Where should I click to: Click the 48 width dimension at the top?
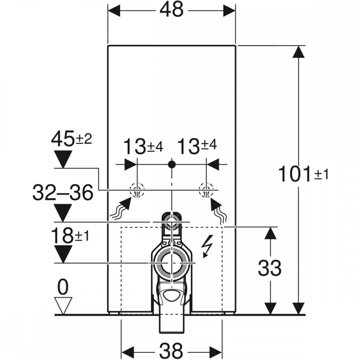[171, 10]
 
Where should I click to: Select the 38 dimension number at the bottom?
[171, 351]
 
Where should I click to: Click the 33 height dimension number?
[270, 268]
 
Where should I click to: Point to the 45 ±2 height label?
[71, 139]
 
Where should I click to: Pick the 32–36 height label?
[63, 192]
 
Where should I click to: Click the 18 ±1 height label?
[70, 236]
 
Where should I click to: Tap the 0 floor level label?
[63, 287]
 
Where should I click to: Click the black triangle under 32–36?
[63, 213]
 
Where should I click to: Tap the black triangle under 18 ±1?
[63, 254]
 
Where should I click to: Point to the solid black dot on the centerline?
[172, 164]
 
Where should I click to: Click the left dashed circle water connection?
[137, 190]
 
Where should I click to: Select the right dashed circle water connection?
[206, 190]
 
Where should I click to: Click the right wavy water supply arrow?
[219, 211]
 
